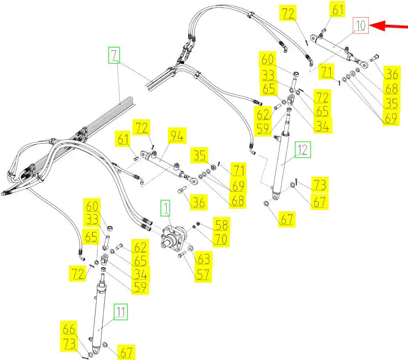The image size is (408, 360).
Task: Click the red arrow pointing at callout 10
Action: click(390, 26)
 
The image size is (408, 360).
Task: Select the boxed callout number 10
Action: click(360, 25)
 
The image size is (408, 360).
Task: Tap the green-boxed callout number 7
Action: click(114, 55)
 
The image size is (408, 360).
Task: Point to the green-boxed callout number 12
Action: click(303, 149)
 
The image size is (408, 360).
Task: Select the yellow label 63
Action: click(203, 258)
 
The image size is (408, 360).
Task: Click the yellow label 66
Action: click(69, 330)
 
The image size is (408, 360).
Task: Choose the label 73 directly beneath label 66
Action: click(69, 343)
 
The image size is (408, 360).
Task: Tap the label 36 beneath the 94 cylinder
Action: click(198, 202)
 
